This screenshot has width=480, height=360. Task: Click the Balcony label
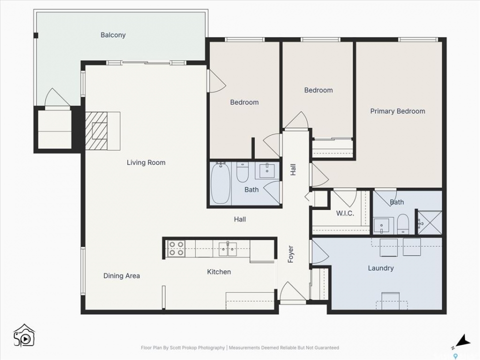(113, 35)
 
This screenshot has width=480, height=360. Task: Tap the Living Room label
(146, 162)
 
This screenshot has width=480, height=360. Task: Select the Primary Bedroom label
(397, 111)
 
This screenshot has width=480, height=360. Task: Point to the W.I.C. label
(345, 213)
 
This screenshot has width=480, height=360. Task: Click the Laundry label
(381, 268)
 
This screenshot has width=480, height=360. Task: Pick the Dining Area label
(121, 276)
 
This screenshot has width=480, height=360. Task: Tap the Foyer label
(290, 254)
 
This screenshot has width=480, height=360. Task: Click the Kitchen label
(219, 272)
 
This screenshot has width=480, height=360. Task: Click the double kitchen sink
(228, 248)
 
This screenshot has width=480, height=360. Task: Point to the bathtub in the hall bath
(220, 183)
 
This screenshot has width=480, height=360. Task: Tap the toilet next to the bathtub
(242, 172)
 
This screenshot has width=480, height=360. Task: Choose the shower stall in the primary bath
(430, 223)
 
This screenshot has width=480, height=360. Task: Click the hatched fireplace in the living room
(96, 130)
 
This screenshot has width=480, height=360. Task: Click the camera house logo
(24, 335)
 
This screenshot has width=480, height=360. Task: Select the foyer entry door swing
(293, 291)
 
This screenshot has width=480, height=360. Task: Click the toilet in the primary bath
(402, 224)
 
